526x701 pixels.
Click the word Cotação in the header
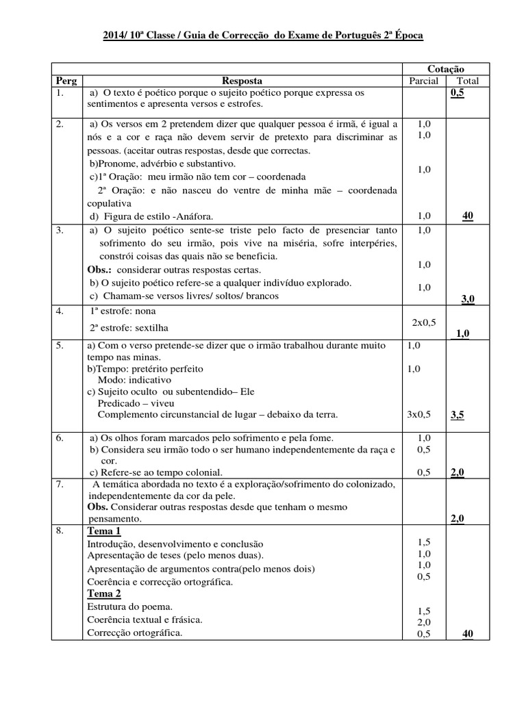pyautogui.click(x=446, y=69)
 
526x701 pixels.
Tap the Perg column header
pyautogui.click(x=66, y=81)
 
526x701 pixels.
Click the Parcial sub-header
pyautogui.click(x=423, y=81)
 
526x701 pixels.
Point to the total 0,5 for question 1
pyautogui.click(x=457, y=93)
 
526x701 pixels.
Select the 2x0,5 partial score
pyautogui.click(x=424, y=321)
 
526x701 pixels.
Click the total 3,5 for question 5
pyautogui.click(x=457, y=414)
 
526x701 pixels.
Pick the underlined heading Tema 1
pyautogui.click(x=104, y=531)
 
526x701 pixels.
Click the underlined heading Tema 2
pyautogui.click(x=104, y=594)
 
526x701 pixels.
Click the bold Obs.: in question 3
pyautogui.click(x=101, y=269)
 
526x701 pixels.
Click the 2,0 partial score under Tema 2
pyautogui.click(x=424, y=622)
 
